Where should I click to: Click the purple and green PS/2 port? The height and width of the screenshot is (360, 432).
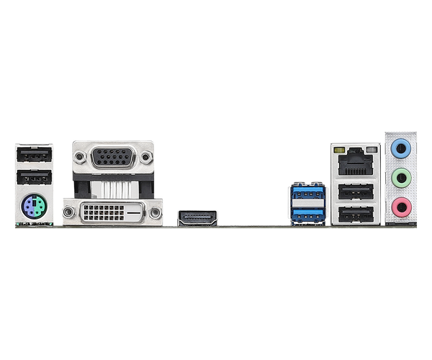pyautogui.click(x=33, y=210)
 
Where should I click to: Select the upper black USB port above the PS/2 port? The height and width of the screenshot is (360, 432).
pyautogui.click(x=33, y=154)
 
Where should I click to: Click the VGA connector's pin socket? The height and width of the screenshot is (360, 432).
pyautogui.click(x=113, y=156)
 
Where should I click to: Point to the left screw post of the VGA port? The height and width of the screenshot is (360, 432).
pyautogui.click(x=79, y=156)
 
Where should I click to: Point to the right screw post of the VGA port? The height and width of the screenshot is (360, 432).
pyautogui.click(x=147, y=156)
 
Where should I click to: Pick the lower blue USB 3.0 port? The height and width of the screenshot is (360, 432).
pyautogui.click(x=307, y=212)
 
